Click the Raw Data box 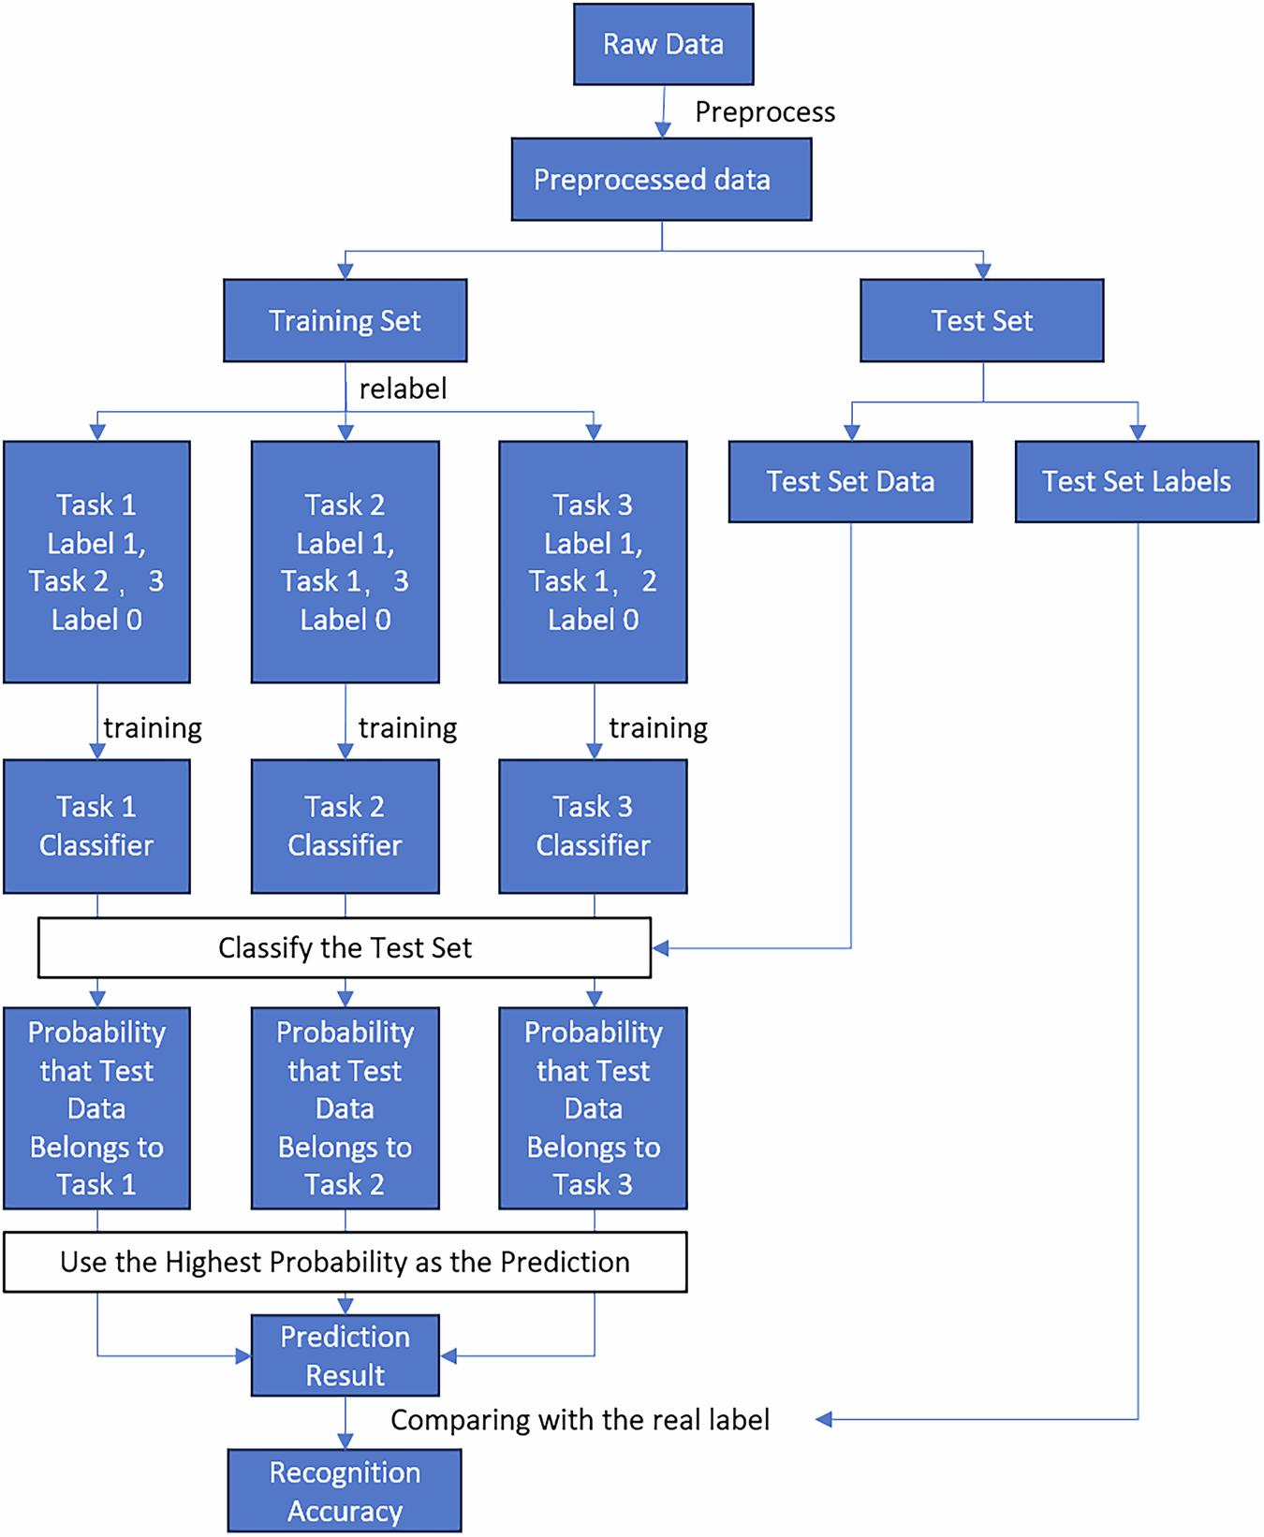[x=663, y=44]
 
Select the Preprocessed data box [x=661, y=180]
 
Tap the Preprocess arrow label [x=764, y=112]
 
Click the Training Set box [x=345, y=320]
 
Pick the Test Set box [x=981, y=320]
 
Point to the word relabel [x=403, y=388]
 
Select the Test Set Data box [x=850, y=481]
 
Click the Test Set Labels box [x=1137, y=481]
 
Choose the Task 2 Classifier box [x=345, y=826]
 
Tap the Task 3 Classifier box [x=593, y=826]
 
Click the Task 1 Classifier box [x=96, y=826]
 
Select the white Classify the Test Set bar [x=345, y=947]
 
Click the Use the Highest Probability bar [x=345, y=1262]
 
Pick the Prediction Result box [x=345, y=1355]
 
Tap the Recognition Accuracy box [x=345, y=1491]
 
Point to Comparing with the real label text [x=580, y=1420]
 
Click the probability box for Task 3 [x=593, y=1108]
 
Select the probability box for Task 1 [x=96, y=1108]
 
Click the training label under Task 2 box [x=407, y=728]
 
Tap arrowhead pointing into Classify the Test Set [x=660, y=948]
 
